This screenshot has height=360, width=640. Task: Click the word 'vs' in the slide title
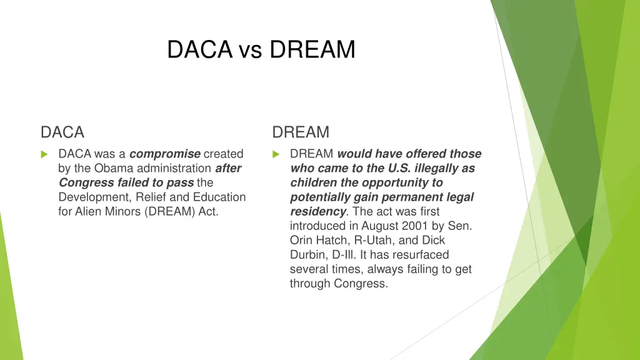pyautogui.click(x=250, y=49)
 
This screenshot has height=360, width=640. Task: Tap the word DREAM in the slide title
pyautogui.click(x=312, y=49)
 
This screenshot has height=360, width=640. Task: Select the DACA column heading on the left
pyautogui.click(x=62, y=132)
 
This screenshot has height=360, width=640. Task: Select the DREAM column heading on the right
pyautogui.click(x=301, y=132)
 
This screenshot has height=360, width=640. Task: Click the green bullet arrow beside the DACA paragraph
pyautogui.click(x=44, y=154)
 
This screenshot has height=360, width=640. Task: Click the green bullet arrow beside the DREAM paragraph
pyautogui.click(x=276, y=154)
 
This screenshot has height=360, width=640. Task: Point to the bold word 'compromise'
pyautogui.click(x=165, y=154)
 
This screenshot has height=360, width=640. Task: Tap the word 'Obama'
pyautogui.click(x=112, y=168)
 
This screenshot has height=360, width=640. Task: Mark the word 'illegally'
pyautogui.click(x=437, y=168)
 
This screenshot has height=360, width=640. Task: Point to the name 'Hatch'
pyautogui.click(x=331, y=240)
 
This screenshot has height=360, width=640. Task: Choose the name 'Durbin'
pyautogui.click(x=307, y=255)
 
